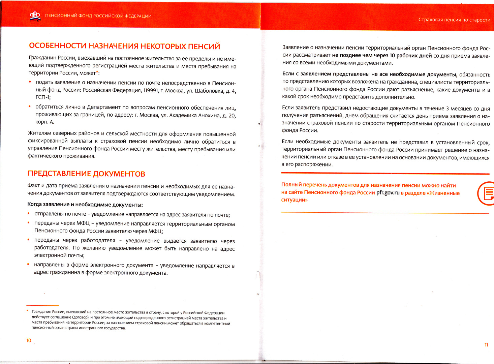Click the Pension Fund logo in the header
pyautogui.click(x=35, y=16)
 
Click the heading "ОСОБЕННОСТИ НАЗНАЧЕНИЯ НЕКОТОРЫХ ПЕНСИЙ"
pyautogui.click(x=124, y=46)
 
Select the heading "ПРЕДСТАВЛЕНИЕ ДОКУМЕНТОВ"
pyautogui.click(x=86, y=174)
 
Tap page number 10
pyautogui.click(x=29, y=340)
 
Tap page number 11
pyautogui.click(x=486, y=345)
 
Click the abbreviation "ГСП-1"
pyautogui.click(x=43, y=98)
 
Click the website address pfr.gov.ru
pyautogui.click(x=388, y=193)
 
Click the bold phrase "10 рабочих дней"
pyautogui.click(x=410, y=56)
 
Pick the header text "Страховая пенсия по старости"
pyautogui.click(x=454, y=20)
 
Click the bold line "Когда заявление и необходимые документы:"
pyautogui.click(x=85, y=205)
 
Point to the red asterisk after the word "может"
pyautogui.click(x=97, y=72)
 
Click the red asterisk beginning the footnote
pyautogui.click(x=27, y=311)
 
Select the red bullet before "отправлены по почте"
pyautogui.click(x=29, y=214)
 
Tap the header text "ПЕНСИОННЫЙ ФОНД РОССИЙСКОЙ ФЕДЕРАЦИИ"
pyautogui.click(x=98, y=16)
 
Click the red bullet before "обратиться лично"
pyautogui.click(x=30, y=107)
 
